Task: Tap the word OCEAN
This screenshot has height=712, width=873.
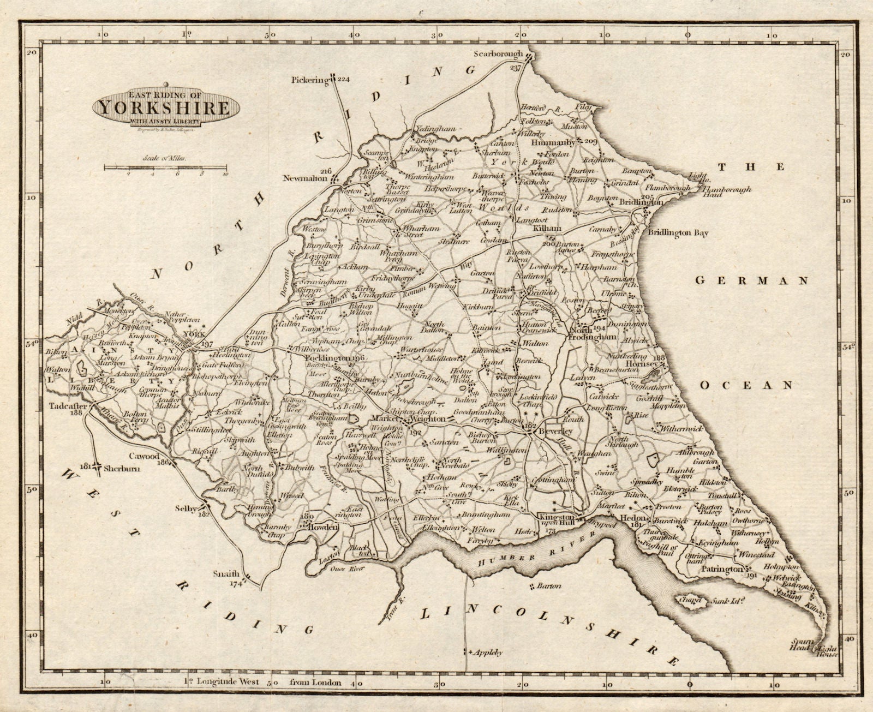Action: [x=746, y=385]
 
